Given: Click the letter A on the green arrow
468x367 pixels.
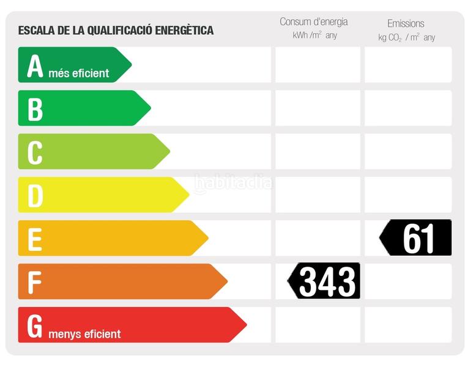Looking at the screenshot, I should pos(35,66).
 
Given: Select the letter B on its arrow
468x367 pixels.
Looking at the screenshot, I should pos(35,109).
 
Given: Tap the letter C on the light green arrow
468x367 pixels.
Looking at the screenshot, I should pos(35,152).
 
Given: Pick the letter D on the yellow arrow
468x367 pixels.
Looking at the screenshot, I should pos(35,196).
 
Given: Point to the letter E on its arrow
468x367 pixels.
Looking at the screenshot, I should pos(35,239).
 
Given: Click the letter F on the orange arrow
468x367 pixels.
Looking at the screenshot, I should pos(34,282).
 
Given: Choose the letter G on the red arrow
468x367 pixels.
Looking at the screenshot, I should pos(35,326).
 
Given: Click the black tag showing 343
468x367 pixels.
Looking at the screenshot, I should pos(325,281).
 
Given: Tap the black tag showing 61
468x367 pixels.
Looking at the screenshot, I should pos(417,238).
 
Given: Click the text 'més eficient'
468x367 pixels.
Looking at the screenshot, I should pos(79,73).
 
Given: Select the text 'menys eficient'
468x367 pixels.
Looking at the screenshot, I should pos(84,334).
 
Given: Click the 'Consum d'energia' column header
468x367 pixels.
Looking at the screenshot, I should pos(313,22).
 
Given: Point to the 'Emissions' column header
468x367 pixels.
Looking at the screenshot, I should pos(406,23).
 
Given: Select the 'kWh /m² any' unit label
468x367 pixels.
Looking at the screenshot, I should pos(314,35).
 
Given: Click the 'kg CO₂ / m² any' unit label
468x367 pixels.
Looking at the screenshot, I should pos(406,37).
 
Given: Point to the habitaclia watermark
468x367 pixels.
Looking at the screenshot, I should pos(233,182).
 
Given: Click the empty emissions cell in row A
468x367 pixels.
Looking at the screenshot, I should pos(408,65).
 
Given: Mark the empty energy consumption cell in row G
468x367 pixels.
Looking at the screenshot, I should pos(318,325).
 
